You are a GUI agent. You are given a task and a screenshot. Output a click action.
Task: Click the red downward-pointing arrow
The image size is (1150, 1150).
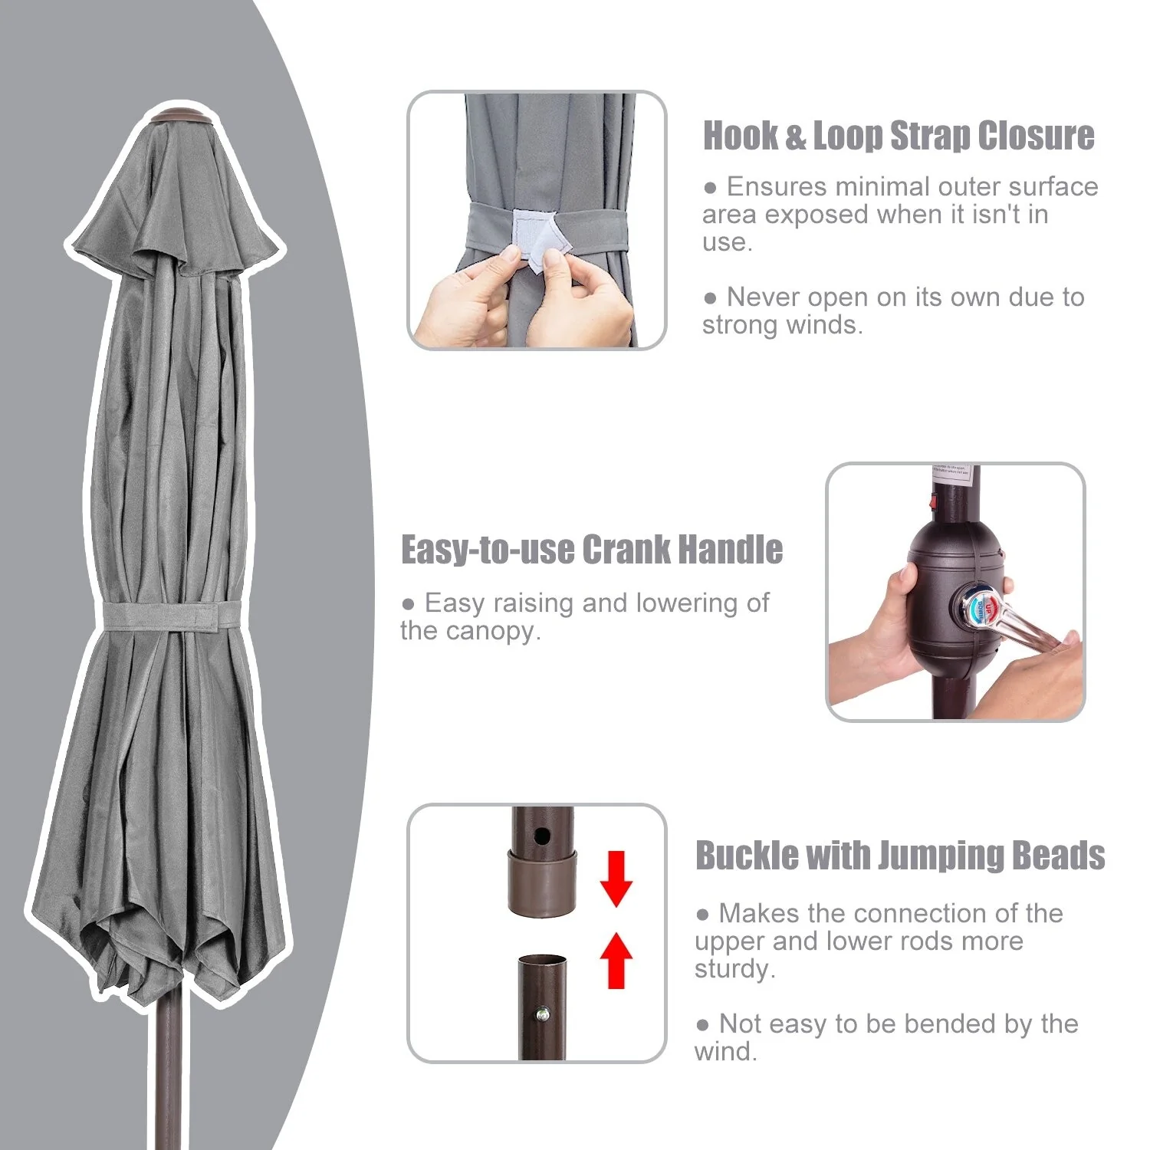click(x=616, y=878)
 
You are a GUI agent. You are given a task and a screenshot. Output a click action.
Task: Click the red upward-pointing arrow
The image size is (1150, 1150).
click(x=616, y=959)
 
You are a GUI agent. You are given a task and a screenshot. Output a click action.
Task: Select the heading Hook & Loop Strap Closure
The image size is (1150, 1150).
click(x=899, y=136)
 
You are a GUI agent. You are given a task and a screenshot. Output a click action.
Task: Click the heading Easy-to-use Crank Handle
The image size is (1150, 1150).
click(x=592, y=550)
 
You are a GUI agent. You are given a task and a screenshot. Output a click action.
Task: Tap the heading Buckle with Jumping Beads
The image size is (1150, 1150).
click(x=900, y=855)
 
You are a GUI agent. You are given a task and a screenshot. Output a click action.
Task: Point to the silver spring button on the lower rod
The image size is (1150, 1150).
click(x=543, y=1015)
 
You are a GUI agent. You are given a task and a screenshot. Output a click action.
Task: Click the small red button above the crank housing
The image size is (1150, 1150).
click(x=933, y=502)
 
